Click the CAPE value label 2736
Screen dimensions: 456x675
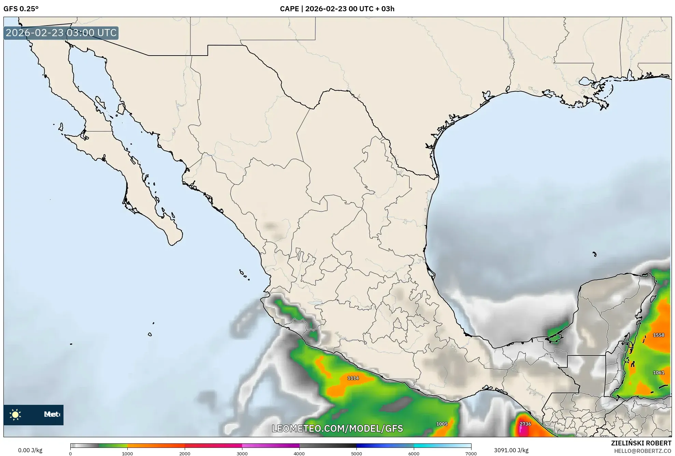525,424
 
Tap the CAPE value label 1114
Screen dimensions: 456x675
353,378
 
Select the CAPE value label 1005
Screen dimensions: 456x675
441,424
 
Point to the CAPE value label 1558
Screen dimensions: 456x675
658,335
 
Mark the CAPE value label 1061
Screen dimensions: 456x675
658,373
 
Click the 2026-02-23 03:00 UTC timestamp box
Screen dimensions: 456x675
61,33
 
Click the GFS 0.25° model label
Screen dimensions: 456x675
21,9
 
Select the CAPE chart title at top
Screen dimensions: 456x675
337,9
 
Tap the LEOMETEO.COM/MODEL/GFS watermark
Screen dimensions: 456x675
337,428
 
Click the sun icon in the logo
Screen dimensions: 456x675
15,415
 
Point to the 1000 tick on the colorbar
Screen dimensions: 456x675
127,454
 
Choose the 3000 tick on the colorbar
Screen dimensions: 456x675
242,454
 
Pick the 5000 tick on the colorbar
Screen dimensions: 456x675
356,454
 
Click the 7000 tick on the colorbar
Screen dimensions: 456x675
471,454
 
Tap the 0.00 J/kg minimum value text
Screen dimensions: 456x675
30,450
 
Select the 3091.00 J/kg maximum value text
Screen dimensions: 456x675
511,450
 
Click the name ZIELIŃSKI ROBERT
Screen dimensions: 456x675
641,443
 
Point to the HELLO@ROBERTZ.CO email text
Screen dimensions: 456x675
643,451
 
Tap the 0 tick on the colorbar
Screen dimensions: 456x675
70,454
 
